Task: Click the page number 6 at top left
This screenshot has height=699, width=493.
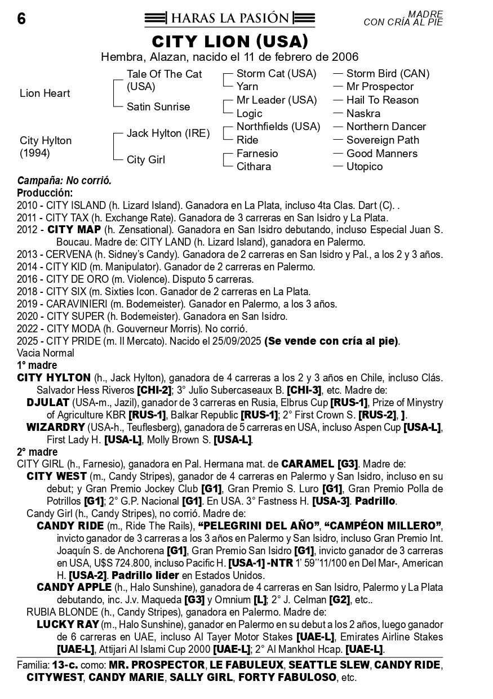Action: click(x=21, y=19)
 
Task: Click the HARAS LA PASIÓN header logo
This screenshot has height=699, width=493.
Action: click(x=229, y=19)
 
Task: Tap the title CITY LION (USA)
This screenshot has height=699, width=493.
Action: click(x=230, y=42)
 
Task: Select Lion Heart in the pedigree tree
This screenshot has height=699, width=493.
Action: click(x=45, y=94)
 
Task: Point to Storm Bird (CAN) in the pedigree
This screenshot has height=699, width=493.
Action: click(x=388, y=74)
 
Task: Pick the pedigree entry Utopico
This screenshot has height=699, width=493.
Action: click(x=365, y=167)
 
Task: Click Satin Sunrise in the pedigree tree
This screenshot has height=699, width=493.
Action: click(x=158, y=107)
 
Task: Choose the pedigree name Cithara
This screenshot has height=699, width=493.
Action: click(x=254, y=167)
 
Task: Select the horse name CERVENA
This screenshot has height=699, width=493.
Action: click(x=66, y=255)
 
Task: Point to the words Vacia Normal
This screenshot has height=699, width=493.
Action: click(x=46, y=354)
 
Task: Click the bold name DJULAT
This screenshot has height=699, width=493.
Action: click(x=48, y=403)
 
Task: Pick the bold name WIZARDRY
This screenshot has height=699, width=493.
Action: click(x=55, y=428)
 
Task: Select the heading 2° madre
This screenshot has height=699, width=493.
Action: click(x=37, y=452)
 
